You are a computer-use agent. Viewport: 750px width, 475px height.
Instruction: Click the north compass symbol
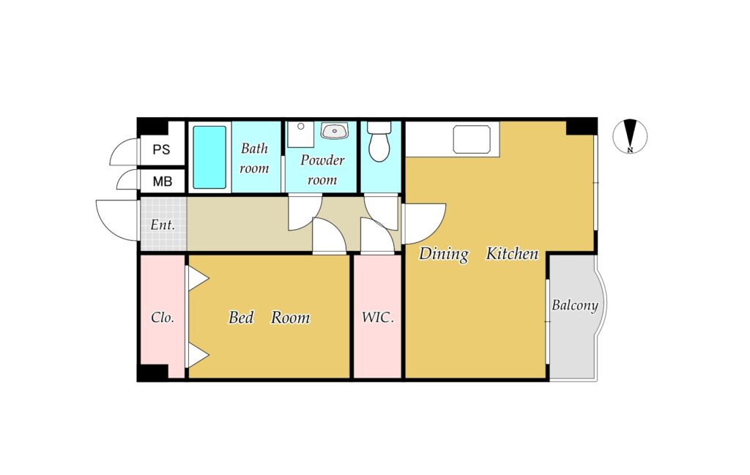pos(630,136)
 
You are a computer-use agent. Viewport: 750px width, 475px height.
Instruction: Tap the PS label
pos(161,149)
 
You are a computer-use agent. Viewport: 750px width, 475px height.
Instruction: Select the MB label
pos(162,182)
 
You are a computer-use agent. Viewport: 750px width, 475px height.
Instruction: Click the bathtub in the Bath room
pos(209,157)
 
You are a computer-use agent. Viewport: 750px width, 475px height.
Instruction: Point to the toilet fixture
pos(379,141)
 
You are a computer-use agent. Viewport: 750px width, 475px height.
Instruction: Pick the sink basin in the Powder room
pos(335,130)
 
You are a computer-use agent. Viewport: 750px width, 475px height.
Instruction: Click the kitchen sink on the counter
pos(472,139)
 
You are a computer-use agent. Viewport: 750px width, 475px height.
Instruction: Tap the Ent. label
pos(163,225)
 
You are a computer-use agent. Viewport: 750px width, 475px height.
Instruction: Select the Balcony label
pos(575,305)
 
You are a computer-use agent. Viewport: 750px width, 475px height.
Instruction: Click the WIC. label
pos(378,317)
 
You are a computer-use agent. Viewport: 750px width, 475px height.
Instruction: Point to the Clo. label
pos(163,318)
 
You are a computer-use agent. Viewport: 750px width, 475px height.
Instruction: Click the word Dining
pos(444,254)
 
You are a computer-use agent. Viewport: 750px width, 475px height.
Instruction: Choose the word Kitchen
pos(512,253)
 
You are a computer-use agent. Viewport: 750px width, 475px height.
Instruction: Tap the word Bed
pos(241,318)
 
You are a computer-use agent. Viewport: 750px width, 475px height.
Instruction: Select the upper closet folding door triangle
pos(198,278)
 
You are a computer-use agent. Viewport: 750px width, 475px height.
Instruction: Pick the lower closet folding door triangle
pos(198,356)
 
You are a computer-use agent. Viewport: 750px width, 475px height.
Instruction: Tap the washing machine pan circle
pos(301,127)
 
